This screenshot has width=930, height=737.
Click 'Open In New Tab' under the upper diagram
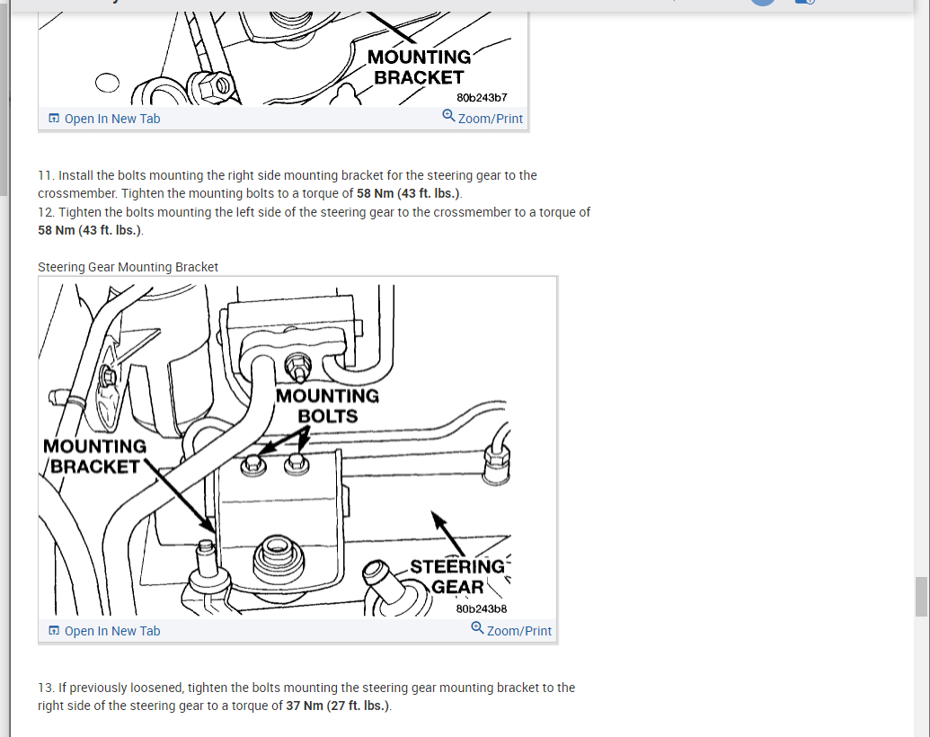(x=104, y=119)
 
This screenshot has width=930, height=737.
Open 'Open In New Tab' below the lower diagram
(x=104, y=631)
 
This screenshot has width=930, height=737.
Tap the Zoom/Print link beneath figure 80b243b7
(x=483, y=118)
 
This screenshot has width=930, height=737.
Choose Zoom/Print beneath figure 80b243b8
(x=511, y=629)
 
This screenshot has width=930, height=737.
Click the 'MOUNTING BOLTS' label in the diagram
(x=327, y=406)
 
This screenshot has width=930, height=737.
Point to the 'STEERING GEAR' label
(x=456, y=577)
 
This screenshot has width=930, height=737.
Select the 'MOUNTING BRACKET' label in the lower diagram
(x=95, y=457)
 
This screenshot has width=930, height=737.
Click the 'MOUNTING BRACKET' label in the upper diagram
(x=420, y=67)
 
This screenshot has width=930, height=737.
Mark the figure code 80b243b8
(x=482, y=608)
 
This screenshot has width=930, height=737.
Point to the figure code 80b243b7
(x=482, y=97)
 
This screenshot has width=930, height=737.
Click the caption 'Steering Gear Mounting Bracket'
(x=128, y=267)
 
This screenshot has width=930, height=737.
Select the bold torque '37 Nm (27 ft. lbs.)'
(x=338, y=706)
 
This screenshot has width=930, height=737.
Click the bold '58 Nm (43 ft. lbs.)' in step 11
(x=408, y=193)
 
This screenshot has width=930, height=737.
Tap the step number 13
(x=45, y=688)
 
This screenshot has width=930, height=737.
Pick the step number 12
(x=45, y=212)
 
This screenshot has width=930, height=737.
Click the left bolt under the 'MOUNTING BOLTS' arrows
(x=253, y=466)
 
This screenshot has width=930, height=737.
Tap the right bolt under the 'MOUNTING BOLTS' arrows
(x=297, y=464)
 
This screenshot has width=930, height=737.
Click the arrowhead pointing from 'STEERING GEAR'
(x=438, y=519)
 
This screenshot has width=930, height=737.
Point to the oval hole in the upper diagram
(x=107, y=83)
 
